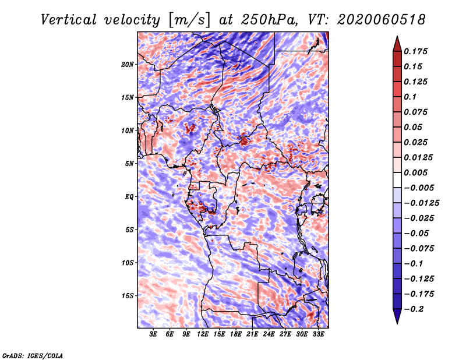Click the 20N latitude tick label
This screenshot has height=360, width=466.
coord(128,64)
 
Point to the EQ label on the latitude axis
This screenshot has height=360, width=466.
coord(129,197)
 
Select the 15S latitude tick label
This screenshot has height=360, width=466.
coord(128,296)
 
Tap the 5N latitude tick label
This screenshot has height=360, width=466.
coord(129,164)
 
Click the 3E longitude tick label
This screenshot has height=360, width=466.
coord(153,334)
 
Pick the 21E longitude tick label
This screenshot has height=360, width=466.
coord(252,334)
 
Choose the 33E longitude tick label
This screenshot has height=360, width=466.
coord(318,334)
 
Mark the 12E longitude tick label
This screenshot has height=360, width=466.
coord(203,334)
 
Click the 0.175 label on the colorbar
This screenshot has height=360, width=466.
coord(415,51)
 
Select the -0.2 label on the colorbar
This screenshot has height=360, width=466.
coord(414,309)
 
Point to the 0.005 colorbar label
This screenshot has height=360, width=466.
coord(415,172)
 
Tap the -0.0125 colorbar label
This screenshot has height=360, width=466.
coord(421,203)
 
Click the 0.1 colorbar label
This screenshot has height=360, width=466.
coord(410,97)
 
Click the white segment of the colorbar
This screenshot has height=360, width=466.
coord(397,180)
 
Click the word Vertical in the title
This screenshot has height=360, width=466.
coord(69,20)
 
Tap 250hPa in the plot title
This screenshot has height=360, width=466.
coord(269,20)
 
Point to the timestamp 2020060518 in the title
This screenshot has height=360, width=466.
coord(382,20)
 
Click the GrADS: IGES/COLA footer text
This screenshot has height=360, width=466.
coord(33,356)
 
